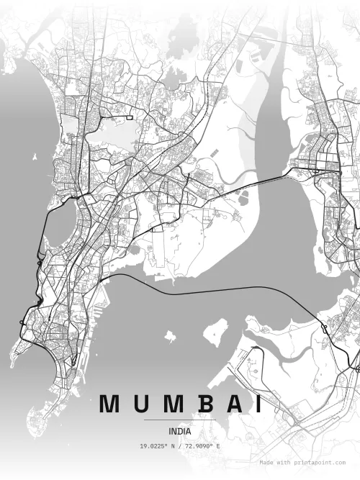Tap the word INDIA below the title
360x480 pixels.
tap(180, 432)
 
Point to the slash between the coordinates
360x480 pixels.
tap(181, 447)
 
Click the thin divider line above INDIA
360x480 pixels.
tap(180, 420)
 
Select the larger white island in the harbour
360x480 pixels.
tap(214, 333)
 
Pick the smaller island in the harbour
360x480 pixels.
tap(171, 335)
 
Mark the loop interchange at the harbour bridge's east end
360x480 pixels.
tap(324, 330)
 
